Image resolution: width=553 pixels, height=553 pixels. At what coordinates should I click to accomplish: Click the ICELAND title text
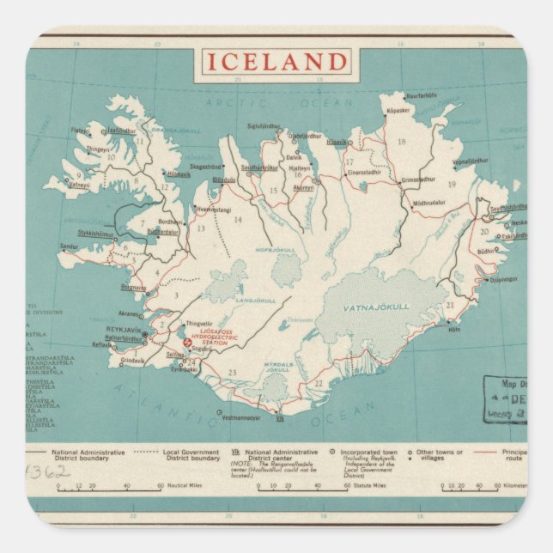276,63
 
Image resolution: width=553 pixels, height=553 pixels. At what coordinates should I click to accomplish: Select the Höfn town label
454,330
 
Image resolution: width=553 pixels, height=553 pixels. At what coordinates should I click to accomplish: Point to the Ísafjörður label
122,131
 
